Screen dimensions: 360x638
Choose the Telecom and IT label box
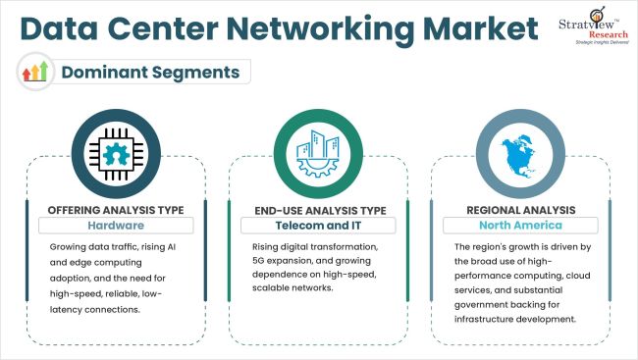pos(320,226)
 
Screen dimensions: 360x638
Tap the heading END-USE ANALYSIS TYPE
pos(320,209)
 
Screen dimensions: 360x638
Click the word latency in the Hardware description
pos(69,310)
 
